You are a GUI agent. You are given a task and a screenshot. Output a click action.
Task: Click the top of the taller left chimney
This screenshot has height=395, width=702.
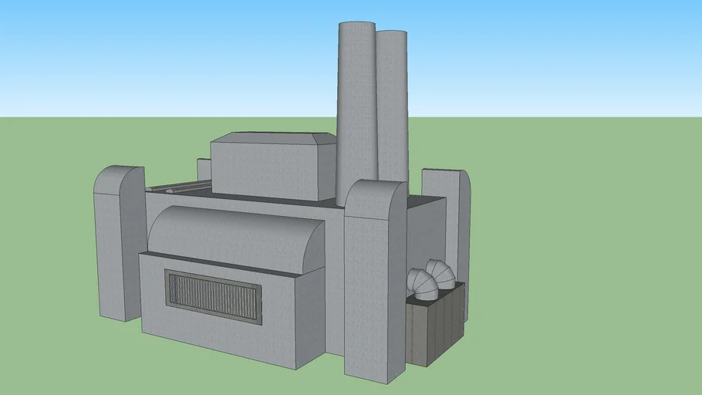[x=357, y=25]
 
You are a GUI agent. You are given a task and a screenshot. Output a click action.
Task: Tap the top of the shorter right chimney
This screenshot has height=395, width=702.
[x=392, y=34]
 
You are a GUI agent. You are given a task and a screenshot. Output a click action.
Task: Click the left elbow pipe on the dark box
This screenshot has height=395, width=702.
[x=420, y=285]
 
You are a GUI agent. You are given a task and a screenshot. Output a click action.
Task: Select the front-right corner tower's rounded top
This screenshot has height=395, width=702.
[x=376, y=194]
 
